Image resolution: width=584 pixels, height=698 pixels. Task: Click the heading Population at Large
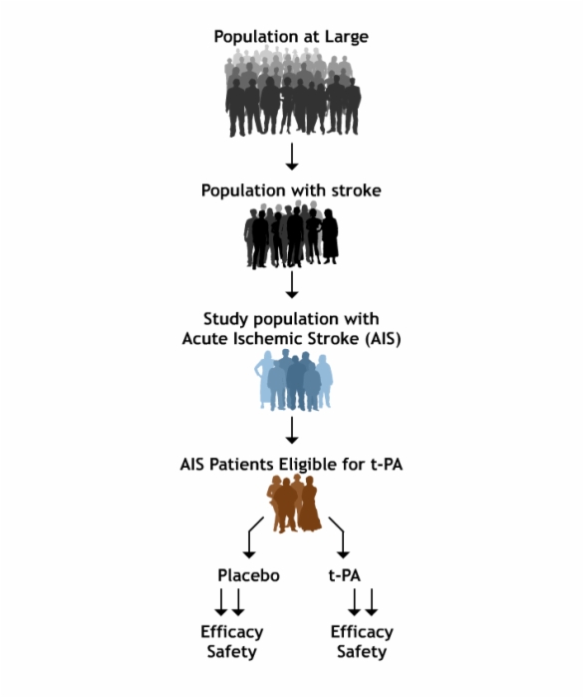click(x=291, y=37)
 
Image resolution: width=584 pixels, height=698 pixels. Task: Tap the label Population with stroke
click(x=291, y=190)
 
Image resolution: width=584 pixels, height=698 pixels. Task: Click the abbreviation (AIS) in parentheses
click(x=383, y=339)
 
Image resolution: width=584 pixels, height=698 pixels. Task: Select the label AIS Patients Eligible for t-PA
click(x=291, y=465)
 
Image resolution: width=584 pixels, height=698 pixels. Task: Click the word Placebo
click(x=248, y=575)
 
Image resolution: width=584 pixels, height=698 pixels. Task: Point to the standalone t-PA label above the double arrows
click(x=344, y=575)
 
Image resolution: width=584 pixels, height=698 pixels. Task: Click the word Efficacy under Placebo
click(x=232, y=632)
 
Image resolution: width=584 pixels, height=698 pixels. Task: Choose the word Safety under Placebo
click(x=232, y=652)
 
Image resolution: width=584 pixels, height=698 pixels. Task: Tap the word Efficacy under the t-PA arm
click(x=362, y=632)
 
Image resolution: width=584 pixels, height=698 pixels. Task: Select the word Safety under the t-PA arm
click(x=362, y=652)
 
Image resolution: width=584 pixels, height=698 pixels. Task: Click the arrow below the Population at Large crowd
click(x=292, y=157)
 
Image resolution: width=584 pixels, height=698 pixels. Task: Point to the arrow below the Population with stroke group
click(x=292, y=284)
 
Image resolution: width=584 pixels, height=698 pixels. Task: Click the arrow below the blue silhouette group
click(x=292, y=430)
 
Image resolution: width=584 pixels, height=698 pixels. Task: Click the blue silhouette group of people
click(x=294, y=381)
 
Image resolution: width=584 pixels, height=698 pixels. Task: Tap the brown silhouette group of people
click(x=294, y=503)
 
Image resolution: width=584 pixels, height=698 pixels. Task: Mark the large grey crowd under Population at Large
click(x=292, y=92)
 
